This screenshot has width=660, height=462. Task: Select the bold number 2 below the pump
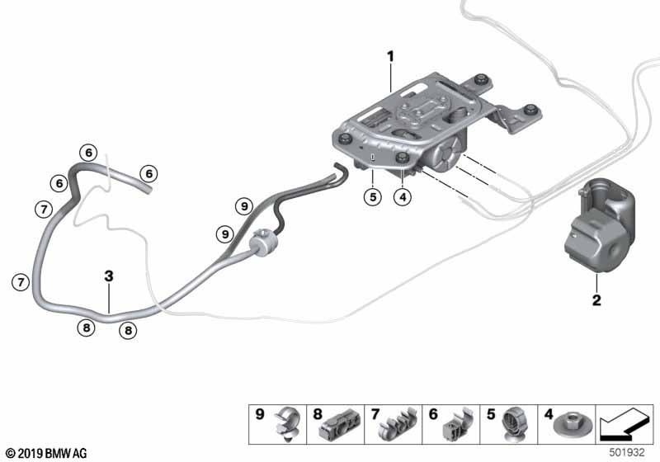point(596,299)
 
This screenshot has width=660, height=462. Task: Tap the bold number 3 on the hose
point(108,277)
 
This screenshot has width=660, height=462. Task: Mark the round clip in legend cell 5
point(512,427)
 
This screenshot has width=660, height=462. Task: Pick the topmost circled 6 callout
point(88,152)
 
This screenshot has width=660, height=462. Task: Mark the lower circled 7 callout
point(21,282)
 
